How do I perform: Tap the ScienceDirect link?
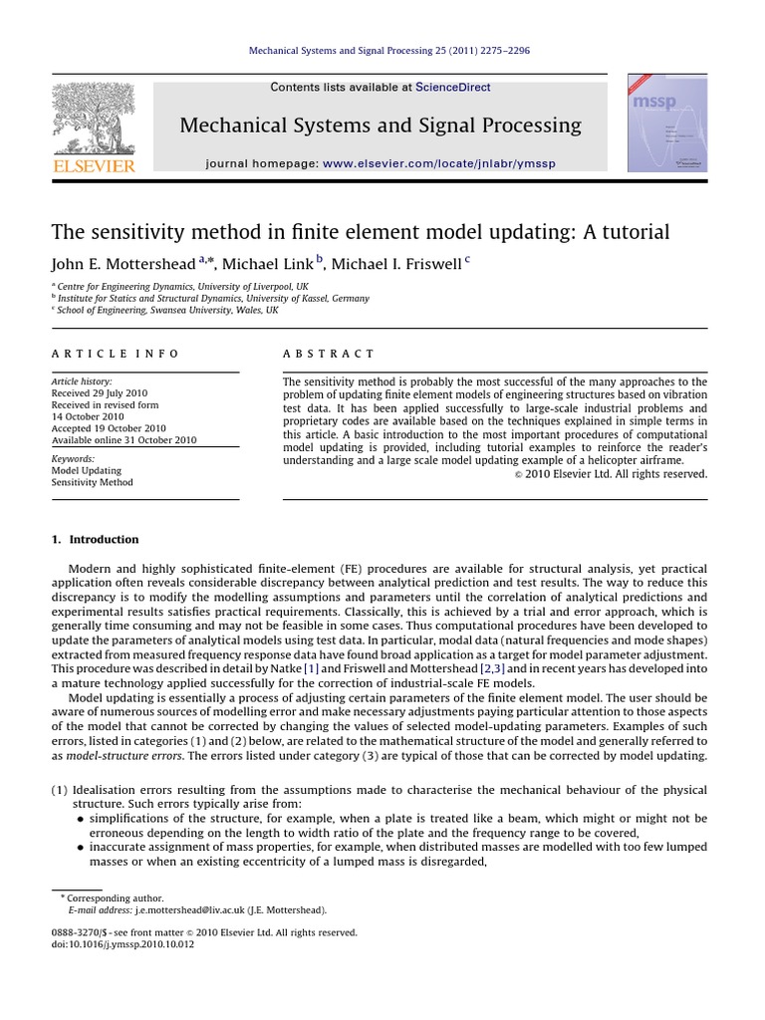(452, 88)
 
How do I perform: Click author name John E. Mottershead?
(124, 264)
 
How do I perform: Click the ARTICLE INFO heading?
(116, 354)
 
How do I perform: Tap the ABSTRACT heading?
(329, 354)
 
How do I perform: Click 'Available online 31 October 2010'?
(124, 440)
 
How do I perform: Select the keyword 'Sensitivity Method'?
(92, 483)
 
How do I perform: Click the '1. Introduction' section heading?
(95, 540)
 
